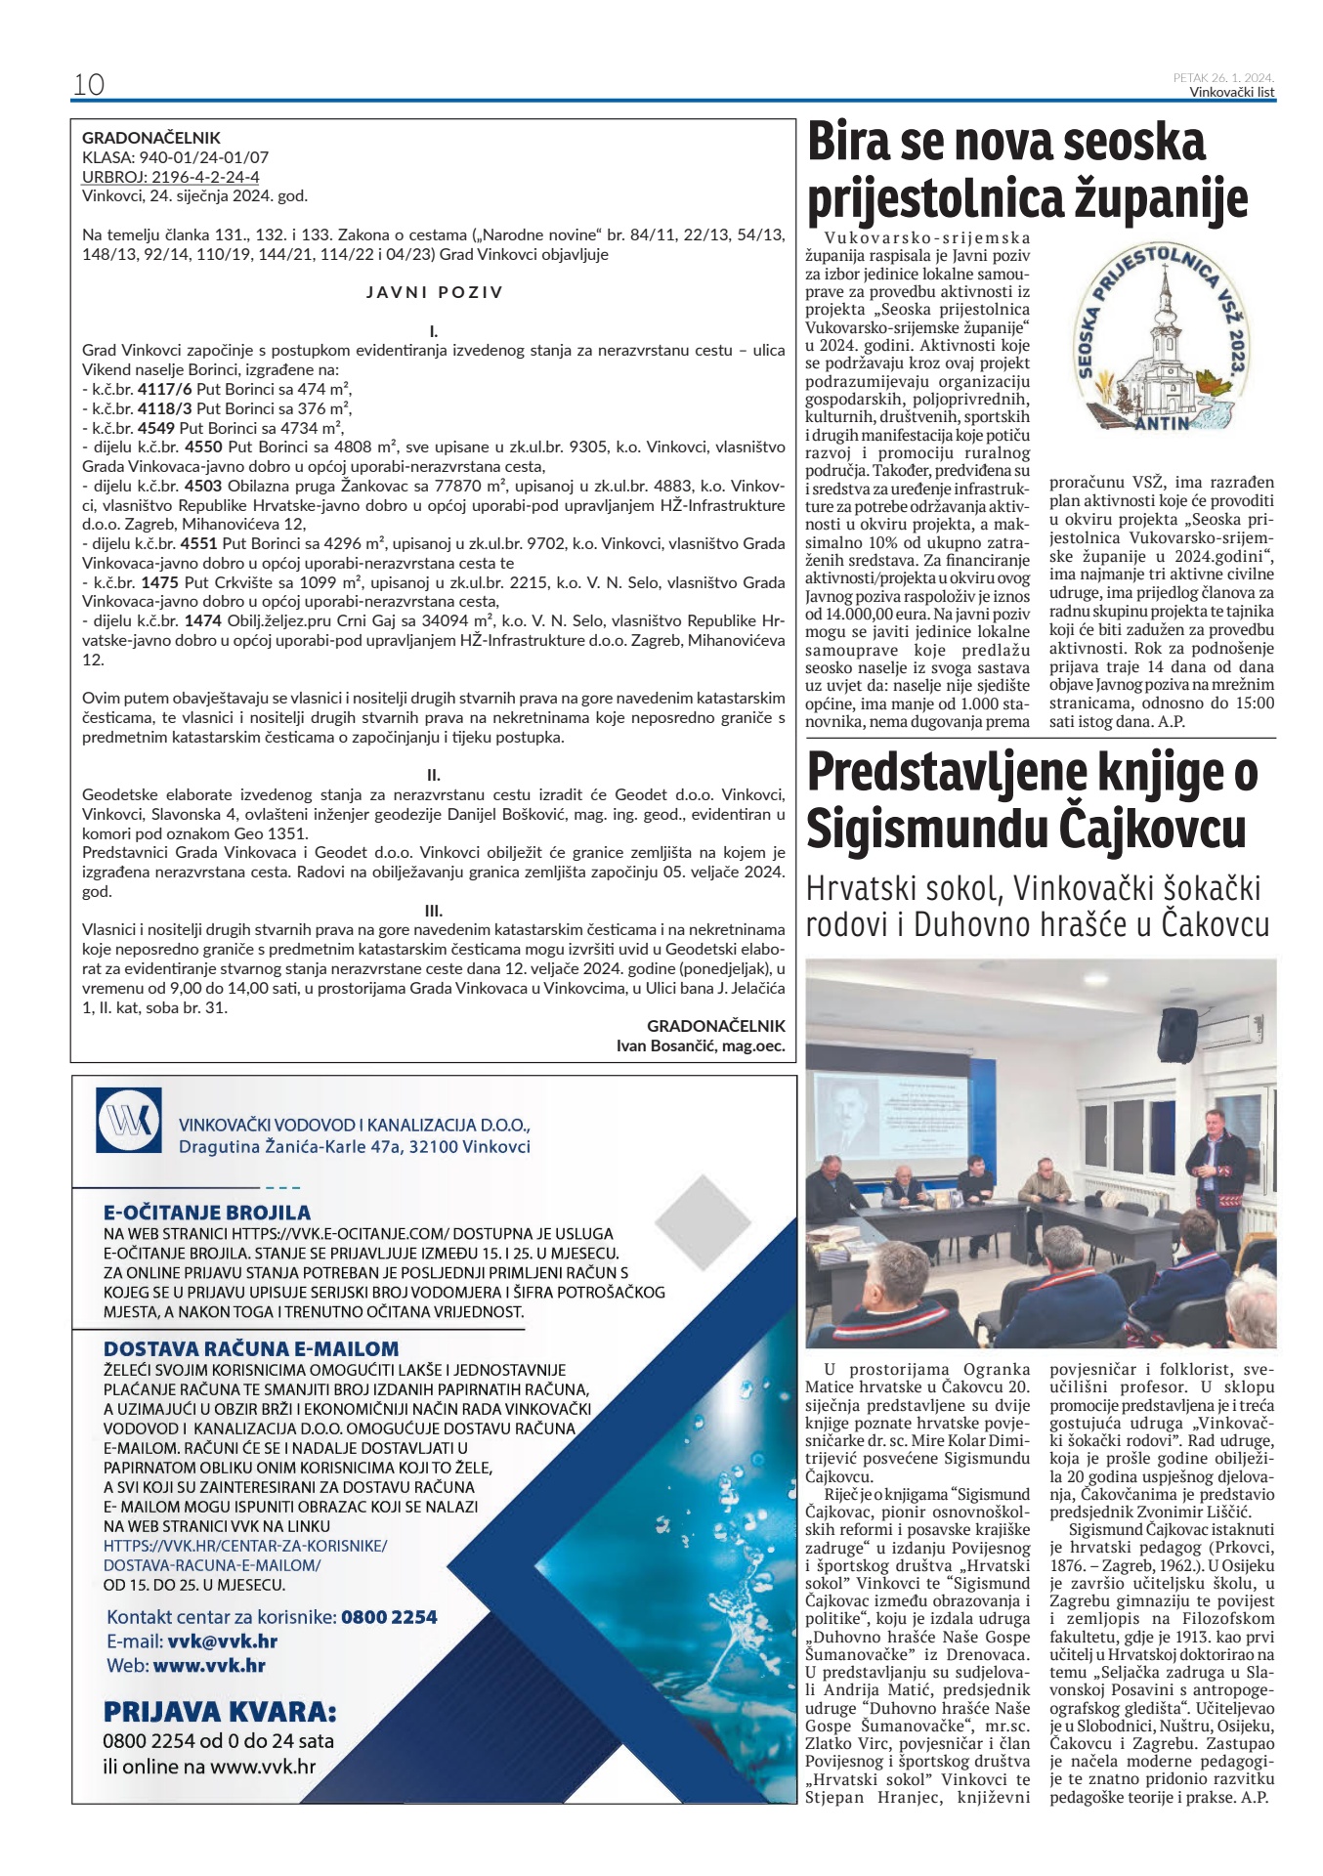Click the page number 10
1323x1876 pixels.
pyautogui.click(x=89, y=84)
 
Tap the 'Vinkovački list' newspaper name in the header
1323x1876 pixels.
pyautogui.click(x=1231, y=93)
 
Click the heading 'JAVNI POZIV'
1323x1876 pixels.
pyautogui.click(x=434, y=292)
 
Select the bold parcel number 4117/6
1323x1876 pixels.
pyautogui.click(x=165, y=389)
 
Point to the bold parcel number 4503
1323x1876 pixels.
pyautogui.click(x=203, y=486)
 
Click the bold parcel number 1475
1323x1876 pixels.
pyautogui.click(x=159, y=582)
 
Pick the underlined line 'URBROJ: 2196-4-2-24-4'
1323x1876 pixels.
pyautogui.click(x=171, y=177)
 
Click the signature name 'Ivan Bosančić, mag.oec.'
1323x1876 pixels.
pyautogui.click(x=700, y=1045)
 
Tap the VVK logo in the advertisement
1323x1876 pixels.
pyautogui.click(x=129, y=1120)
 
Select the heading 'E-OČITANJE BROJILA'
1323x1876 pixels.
pyautogui.click(x=207, y=1213)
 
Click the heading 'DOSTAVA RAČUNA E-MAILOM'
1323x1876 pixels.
pyautogui.click(x=251, y=1349)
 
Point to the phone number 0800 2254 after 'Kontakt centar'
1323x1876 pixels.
pyautogui.click(x=389, y=1617)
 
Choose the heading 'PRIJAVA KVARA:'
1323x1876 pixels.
pyautogui.click(x=220, y=1712)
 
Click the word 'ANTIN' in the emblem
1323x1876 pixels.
pyautogui.click(x=1162, y=423)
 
